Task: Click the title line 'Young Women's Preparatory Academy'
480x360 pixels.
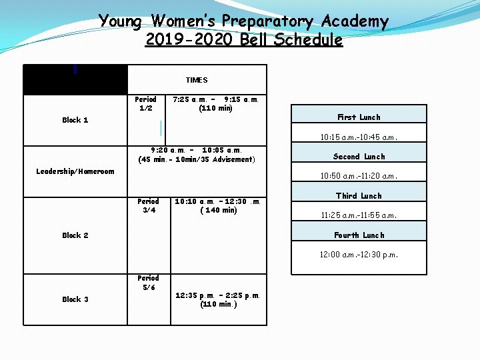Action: [243, 21]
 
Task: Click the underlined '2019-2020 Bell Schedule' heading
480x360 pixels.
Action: [243, 40]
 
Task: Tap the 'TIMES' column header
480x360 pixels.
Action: [197, 80]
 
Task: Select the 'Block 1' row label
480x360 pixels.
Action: [75, 120]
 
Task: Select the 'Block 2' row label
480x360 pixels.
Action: [75, 235]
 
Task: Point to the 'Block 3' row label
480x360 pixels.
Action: [75, 299]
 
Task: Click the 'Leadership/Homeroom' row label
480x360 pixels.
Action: [75, 171]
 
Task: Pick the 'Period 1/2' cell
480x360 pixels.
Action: [146, 103]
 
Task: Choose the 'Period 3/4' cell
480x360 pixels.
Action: [148, 205]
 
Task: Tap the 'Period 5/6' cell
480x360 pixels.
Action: [148, 283]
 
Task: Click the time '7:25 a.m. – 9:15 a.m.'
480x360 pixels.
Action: [215, 99]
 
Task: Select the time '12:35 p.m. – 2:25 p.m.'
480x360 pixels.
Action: [217, 295]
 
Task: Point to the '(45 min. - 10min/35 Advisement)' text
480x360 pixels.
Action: [196, 159]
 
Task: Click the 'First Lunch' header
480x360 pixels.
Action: [359, 117]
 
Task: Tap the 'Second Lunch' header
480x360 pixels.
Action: [359, 157]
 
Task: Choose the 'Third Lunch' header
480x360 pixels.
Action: [359, 196]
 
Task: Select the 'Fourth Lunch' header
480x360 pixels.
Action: [359, 235]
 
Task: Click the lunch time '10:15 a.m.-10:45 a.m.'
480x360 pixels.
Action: [359, 137]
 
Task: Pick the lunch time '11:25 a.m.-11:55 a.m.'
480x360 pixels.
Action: [359, 216]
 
